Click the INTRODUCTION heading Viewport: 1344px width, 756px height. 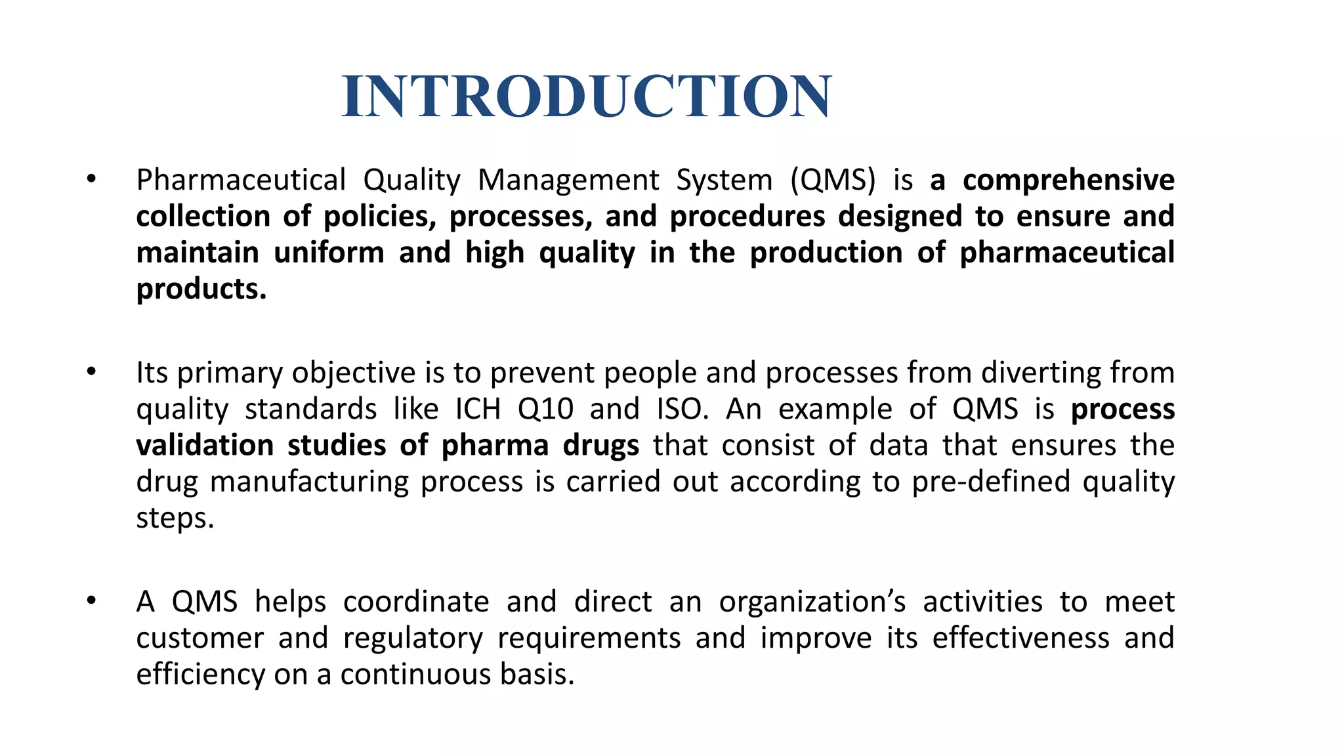coord(587,96)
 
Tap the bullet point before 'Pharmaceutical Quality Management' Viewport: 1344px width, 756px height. coord(91,178)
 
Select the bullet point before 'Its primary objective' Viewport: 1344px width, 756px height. coord(91,372)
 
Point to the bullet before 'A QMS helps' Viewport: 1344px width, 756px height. coord(91,600)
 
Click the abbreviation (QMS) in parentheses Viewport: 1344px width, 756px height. coord(833,180)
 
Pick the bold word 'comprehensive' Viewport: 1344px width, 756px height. coord(1068,180)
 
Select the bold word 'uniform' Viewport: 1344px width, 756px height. coord(329,253)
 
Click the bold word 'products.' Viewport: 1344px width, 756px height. coord(201,289)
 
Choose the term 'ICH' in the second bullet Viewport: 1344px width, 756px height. coord(478,409)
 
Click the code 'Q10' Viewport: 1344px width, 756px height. coord(545,409)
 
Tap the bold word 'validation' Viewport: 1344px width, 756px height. coord(205,446)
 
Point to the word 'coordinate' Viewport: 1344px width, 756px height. coord(416,602)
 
